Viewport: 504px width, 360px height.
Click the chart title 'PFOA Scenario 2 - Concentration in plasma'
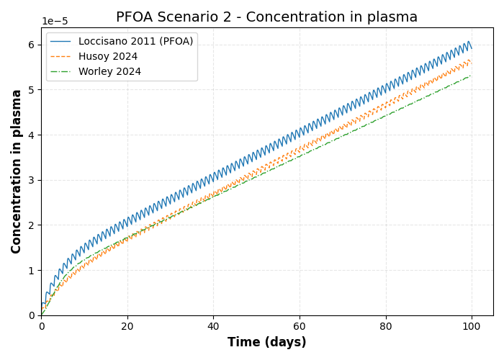(266, 17)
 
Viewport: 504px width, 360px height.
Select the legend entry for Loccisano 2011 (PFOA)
(135, 42)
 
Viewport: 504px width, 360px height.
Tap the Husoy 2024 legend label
(108, 57)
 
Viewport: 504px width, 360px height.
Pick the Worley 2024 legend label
(109, 72)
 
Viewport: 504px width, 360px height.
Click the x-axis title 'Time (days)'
(266, 343)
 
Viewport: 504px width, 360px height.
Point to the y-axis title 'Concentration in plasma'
(17, 171)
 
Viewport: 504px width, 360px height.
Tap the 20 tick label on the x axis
(127, 325)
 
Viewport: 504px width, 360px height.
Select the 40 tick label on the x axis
(214, 325)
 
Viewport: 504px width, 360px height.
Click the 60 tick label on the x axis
(300, 325)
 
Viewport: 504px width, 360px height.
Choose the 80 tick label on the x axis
(386, 325)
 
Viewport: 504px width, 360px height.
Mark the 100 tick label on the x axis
(472, 325)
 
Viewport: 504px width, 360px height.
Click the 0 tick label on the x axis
(42, 325)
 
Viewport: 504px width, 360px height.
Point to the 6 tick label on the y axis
(31, 45)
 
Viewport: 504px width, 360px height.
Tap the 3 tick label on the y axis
(31, 180)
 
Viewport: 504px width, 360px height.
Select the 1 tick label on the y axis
(31, 271)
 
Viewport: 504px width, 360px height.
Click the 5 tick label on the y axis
(31, 90)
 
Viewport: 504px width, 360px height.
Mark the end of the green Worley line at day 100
(472, 76)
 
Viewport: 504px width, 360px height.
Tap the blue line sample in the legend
(61, 42)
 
